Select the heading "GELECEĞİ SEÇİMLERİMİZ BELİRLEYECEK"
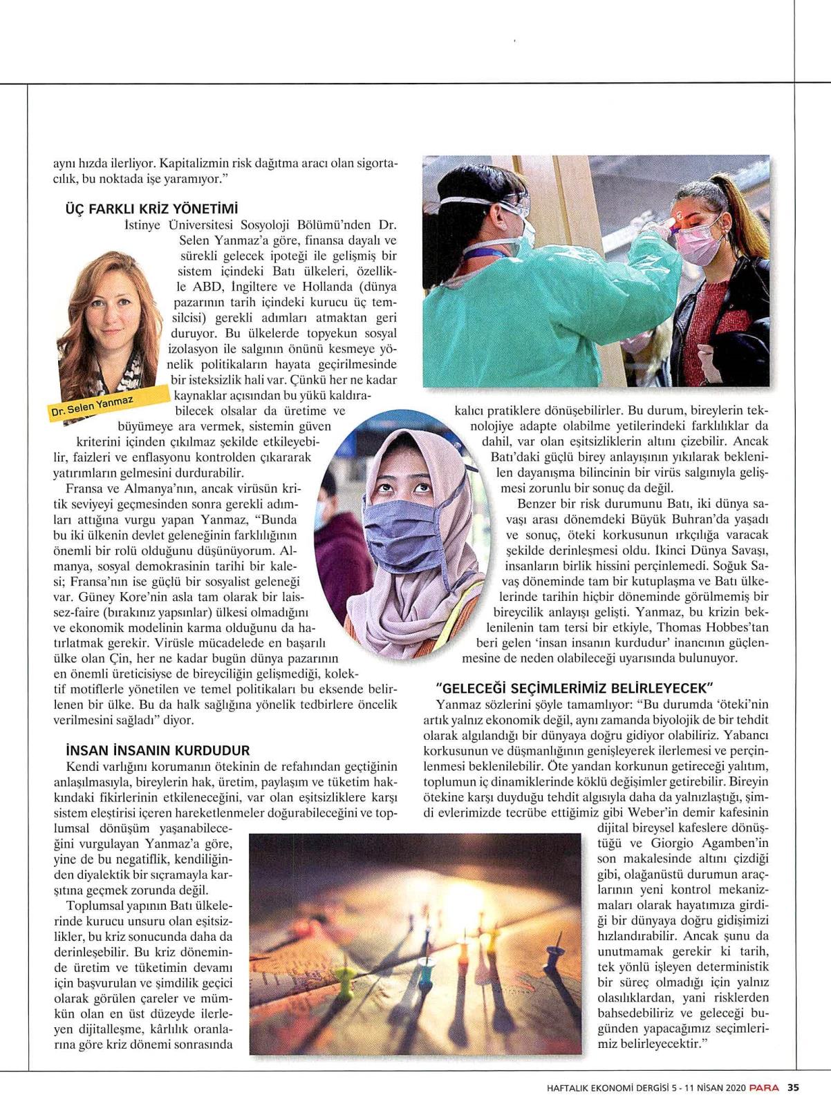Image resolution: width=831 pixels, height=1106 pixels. click(575, 688)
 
